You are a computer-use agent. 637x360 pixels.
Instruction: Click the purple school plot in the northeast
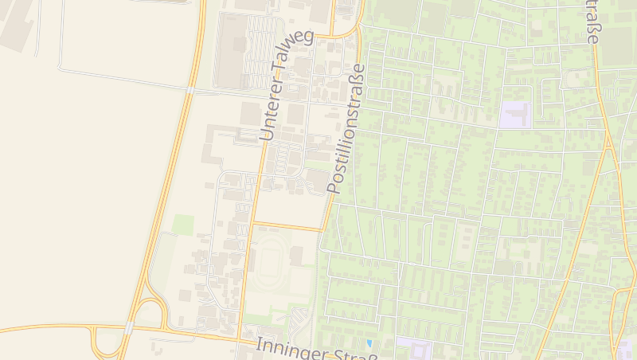pos(514,115)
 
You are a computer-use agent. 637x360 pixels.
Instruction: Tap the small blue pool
pos(369,343)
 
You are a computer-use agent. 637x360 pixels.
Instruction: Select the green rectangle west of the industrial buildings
pos(184,225)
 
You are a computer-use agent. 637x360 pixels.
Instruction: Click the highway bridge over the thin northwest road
pos(191,91)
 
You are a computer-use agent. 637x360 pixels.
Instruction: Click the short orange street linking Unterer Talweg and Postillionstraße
pos(287,226)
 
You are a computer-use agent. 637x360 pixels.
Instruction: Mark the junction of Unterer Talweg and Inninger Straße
pos(239,338)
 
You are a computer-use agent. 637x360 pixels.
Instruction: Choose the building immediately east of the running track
pos(297,256)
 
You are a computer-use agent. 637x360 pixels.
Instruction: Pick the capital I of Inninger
pos(260,345)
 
